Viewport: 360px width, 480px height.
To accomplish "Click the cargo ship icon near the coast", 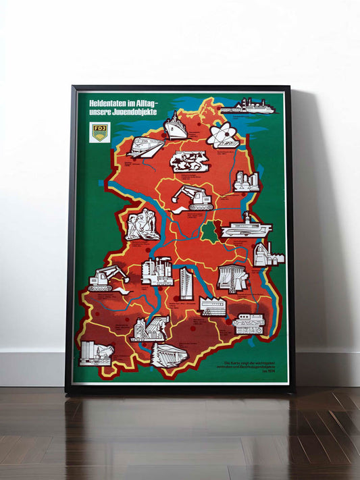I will coord(176,128).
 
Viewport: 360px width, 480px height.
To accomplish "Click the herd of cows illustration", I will coord(188,161).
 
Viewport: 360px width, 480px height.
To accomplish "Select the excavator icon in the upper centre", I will coord(192,198).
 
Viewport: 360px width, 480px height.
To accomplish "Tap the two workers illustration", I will coord(143,225).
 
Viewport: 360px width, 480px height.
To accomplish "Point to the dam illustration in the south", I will coord(168,354).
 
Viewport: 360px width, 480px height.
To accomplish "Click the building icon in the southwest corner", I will coord(95,353).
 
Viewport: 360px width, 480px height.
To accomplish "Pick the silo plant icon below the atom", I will coord(246,180).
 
